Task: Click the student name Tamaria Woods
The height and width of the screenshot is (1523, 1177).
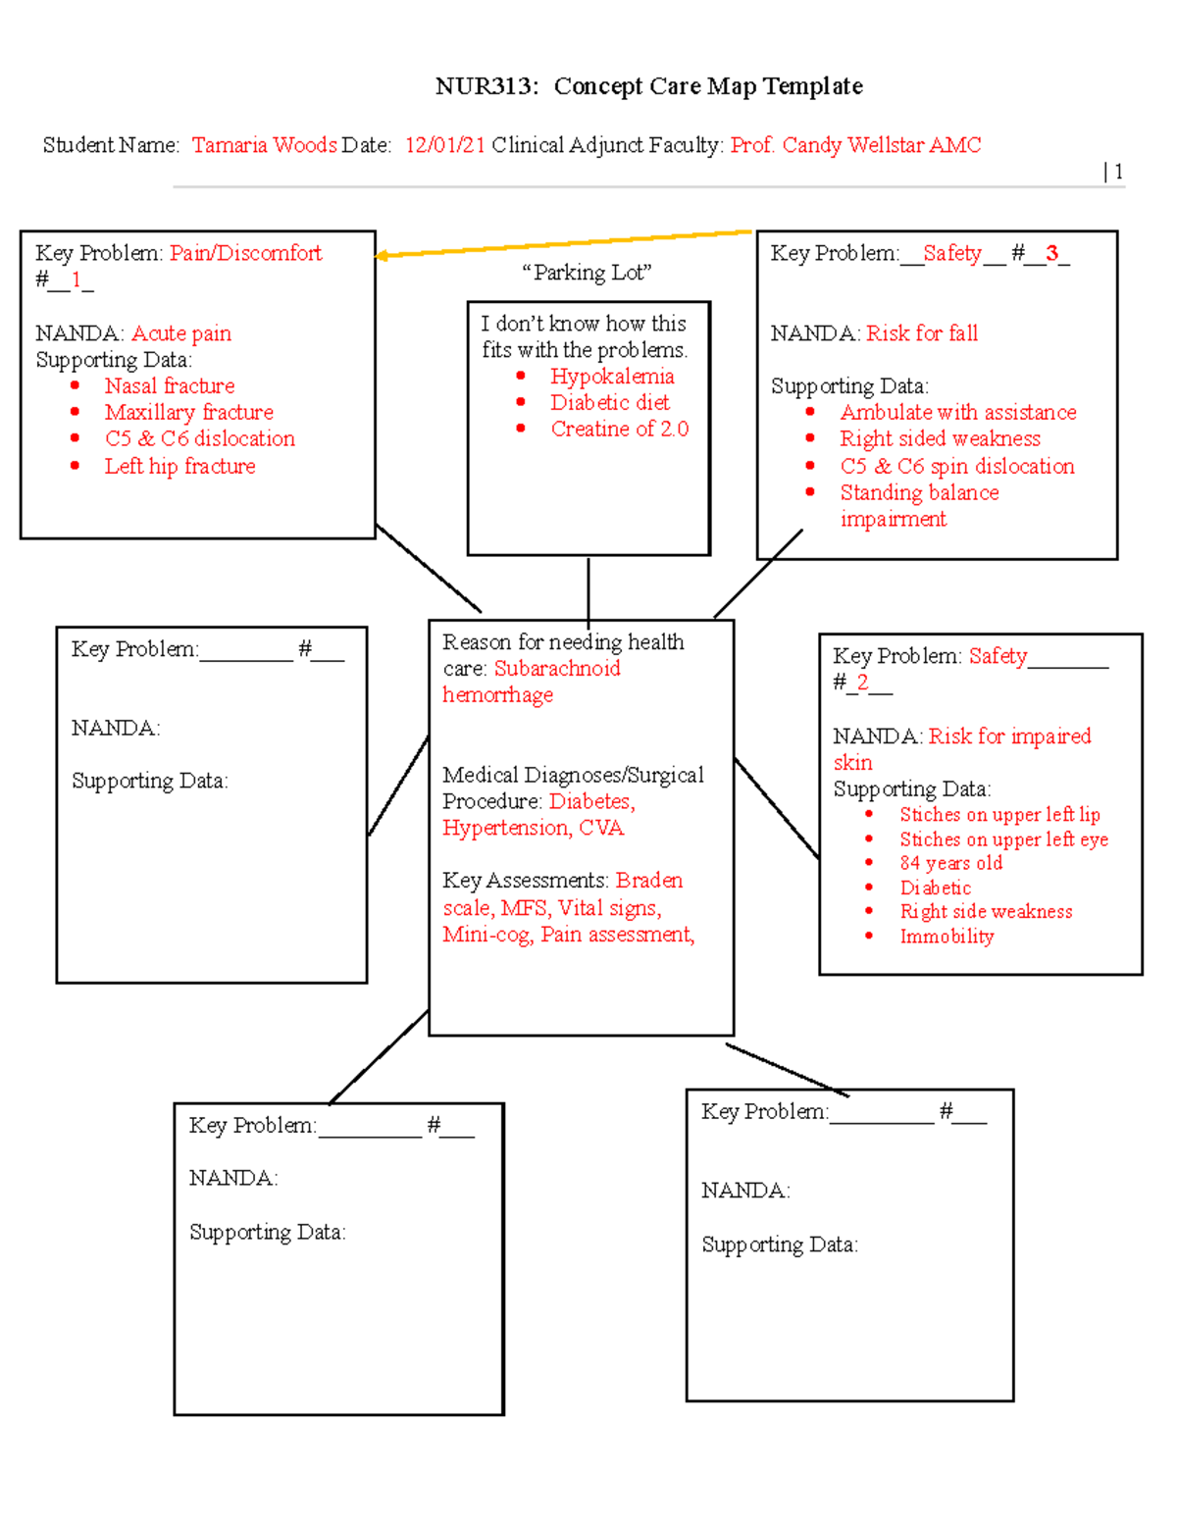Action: click(x=264, y=145)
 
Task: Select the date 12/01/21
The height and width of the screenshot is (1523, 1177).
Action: click(x=444, y=145)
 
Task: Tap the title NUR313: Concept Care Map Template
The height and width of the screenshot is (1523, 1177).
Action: click(x=648, y=86)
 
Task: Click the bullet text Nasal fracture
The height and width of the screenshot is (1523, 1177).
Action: click(x=170, y=385)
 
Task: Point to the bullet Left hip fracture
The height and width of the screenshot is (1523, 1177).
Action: click(x=179, y=466)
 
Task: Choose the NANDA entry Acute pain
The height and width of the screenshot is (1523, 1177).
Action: click(x=181, y=333)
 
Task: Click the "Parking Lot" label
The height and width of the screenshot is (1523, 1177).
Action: click(x=587, y=273)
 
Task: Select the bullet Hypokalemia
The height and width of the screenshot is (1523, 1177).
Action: click(x=612, y=377)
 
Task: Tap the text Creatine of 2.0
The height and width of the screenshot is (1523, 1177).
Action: click(x=619, y=429)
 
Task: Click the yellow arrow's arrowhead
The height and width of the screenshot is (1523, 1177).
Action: click(x=383, y=256)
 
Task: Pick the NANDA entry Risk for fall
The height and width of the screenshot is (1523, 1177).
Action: click(x=922, y=333)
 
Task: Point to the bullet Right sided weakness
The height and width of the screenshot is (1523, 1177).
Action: click(x=940, y=438)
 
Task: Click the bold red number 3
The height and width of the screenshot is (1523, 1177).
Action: click(x=1051, y=253)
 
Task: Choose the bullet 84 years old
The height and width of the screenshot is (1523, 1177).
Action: click(x=950, y=863)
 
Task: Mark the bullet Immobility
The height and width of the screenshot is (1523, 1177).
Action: click(x=947, y=937)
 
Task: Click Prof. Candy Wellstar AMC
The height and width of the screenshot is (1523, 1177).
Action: click(x=855, y=145)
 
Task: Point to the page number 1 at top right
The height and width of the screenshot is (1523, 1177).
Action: click(x=1118, y=172)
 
